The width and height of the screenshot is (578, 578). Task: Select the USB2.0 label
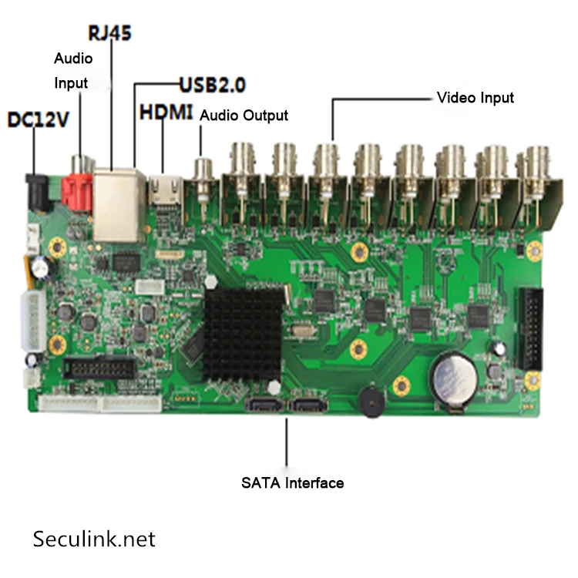(217, 84)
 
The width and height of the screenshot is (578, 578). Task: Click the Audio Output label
(244, 116)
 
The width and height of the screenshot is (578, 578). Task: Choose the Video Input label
(475, 98)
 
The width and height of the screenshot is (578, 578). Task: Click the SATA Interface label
(292, 483)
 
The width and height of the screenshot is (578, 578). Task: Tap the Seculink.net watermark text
(94, 538)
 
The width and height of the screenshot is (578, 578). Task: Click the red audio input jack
(79, 189)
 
